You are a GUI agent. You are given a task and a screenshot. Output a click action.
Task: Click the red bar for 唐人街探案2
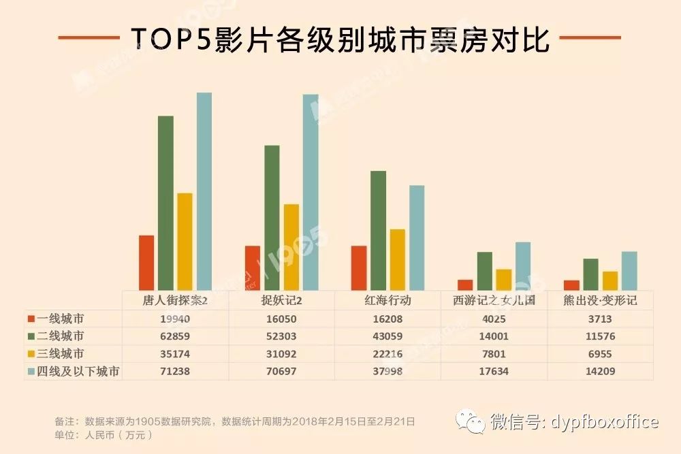(146, 263)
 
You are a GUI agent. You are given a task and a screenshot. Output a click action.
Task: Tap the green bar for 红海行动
(379, 231)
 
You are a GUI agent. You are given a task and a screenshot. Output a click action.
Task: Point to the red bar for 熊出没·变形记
(571, 285)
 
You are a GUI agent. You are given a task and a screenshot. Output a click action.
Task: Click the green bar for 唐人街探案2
(165, 204)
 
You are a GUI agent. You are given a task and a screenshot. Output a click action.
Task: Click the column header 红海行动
(387, 300)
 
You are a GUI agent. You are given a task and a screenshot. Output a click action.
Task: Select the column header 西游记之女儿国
(494, 300)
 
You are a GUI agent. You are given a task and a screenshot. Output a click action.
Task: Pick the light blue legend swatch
(31, 372)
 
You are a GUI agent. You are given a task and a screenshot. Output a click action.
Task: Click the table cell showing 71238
(175, 372)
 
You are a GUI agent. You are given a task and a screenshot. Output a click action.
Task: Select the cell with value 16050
(281, 319)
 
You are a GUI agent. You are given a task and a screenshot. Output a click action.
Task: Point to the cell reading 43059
(387, 336)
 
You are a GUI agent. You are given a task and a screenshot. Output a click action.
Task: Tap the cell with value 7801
(494, 354)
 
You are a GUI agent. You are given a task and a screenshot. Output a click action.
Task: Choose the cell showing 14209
(600, 372)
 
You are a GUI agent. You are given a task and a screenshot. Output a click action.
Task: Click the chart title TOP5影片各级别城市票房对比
(339, 38)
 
